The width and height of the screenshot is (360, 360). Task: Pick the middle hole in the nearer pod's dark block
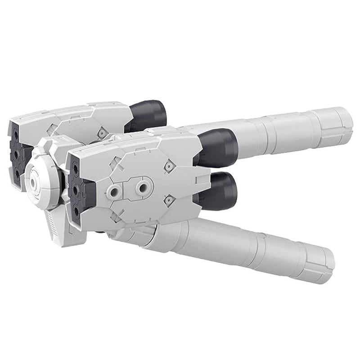coord(75,190)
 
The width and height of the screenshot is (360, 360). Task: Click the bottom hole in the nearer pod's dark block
coord(76,211)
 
